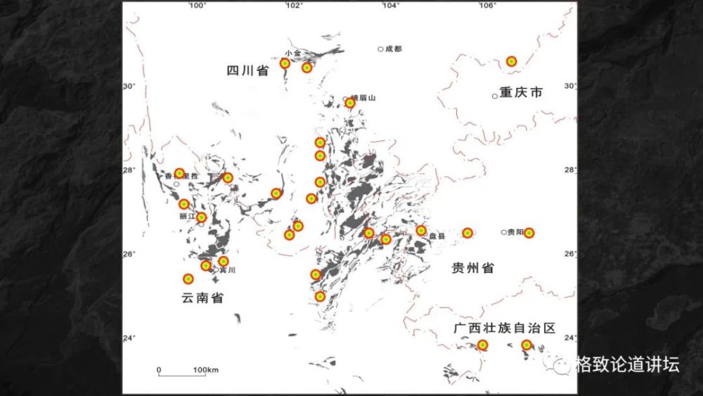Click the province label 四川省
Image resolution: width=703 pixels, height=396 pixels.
pos(247,70)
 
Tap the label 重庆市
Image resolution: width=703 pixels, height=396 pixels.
pos(521,93)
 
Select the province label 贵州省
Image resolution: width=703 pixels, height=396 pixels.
pos(472,268)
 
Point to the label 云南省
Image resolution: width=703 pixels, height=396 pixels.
pos(202,298)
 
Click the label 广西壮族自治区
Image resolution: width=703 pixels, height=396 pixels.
pos(504,328)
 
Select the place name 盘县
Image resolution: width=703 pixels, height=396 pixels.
pos(437,236)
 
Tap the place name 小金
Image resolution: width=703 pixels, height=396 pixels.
pos(293,53)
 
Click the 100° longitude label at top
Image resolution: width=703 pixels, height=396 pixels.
pos(197,6)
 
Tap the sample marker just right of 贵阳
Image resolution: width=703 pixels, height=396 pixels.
pos(529,233)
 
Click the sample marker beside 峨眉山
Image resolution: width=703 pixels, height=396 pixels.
pos(350,103)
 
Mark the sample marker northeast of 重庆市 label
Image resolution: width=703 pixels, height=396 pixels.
pos(512,61)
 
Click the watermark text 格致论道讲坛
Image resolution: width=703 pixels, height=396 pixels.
pos(626,364)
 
